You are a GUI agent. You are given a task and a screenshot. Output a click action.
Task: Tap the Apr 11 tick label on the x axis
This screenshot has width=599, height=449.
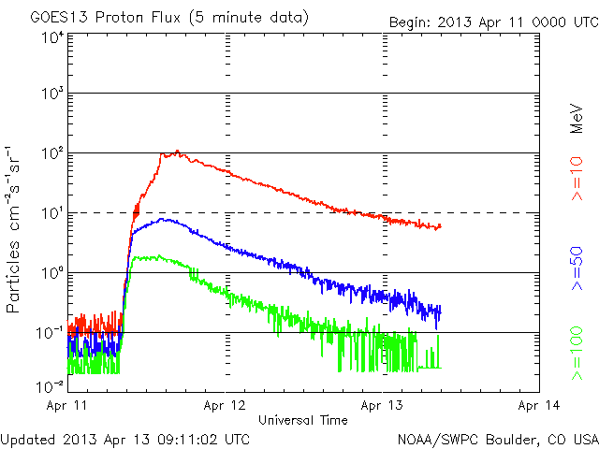67,405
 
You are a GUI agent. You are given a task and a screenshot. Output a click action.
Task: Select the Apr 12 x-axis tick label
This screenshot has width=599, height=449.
225,405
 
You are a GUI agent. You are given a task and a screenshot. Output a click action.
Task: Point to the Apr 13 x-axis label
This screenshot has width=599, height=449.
382,405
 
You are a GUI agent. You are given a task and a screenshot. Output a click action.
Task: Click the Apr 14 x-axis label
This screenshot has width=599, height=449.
539,405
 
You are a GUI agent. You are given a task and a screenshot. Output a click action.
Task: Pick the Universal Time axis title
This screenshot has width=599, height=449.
303,420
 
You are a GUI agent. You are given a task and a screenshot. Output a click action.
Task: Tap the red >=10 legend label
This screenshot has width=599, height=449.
577,183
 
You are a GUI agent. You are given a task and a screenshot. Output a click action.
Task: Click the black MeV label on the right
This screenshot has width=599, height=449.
577,116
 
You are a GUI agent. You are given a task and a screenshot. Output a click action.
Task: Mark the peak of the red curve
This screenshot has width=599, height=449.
176,151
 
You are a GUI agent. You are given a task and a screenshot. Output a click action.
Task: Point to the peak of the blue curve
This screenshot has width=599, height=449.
166,219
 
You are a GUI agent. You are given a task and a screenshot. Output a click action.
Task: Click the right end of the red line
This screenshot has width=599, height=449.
440,225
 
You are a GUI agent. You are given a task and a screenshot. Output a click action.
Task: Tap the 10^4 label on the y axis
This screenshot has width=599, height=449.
52,37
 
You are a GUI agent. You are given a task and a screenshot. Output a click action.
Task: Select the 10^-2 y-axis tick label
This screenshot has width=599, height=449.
51,385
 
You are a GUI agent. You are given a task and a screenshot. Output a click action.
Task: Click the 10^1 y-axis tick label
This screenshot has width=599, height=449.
52,211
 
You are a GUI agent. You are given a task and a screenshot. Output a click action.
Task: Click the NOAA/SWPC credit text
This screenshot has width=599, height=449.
497,438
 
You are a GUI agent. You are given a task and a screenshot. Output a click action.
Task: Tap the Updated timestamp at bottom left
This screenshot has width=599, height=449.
125,438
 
